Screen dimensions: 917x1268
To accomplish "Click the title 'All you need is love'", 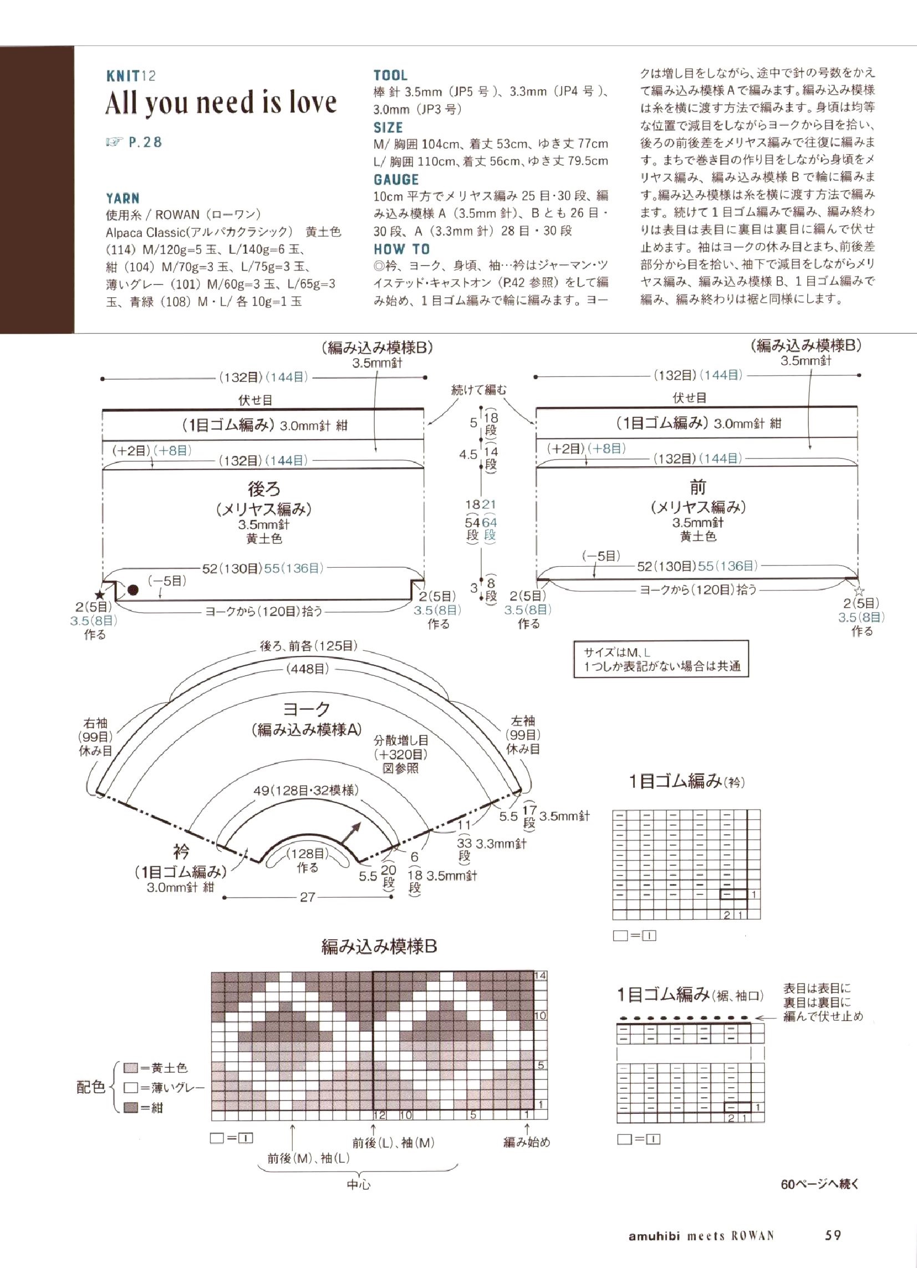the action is pos(221,104).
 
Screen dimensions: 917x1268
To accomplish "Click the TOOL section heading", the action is pos(390,75).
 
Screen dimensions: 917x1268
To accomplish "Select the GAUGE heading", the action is pos(396,180).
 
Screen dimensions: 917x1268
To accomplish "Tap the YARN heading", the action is pos(123,198).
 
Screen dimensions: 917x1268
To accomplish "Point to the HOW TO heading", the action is pos(401,249).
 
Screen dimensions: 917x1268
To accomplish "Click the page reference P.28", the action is pos(145,142).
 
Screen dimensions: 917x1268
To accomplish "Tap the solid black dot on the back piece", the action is pos(133,589).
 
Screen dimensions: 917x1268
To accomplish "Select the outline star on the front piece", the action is pos(860,591).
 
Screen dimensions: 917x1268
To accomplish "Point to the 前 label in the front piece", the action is pos(698,487).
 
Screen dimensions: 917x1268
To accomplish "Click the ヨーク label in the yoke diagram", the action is pos(307,710).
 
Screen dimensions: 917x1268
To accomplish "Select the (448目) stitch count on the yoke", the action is pos(307,669).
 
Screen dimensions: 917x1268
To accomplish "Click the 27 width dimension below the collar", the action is pos(307,897).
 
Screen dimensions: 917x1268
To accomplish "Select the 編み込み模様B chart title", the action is pos(379,946).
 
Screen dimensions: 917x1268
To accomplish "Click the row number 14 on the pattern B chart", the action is pos(540,975).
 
